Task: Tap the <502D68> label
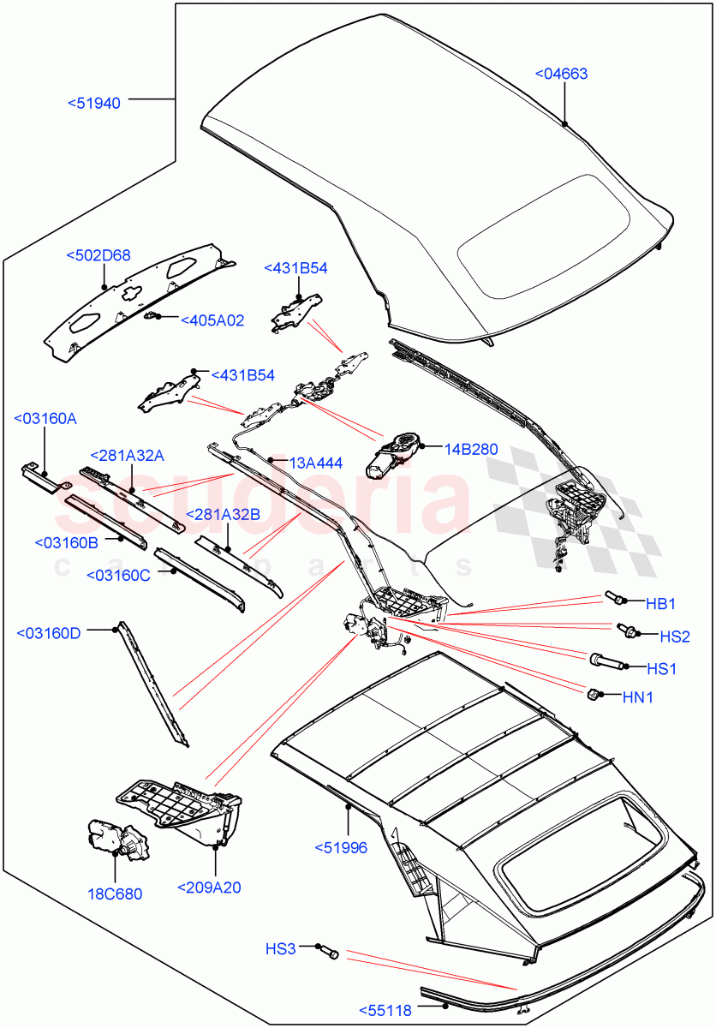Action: coord(98,255)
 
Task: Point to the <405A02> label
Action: coord(212,320)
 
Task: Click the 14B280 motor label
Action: coord(470,448)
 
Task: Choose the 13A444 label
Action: coord(316,463)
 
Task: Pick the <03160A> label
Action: coord(45,418)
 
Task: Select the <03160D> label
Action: coord(49,633)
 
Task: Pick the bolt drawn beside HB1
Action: coord(616,596)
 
